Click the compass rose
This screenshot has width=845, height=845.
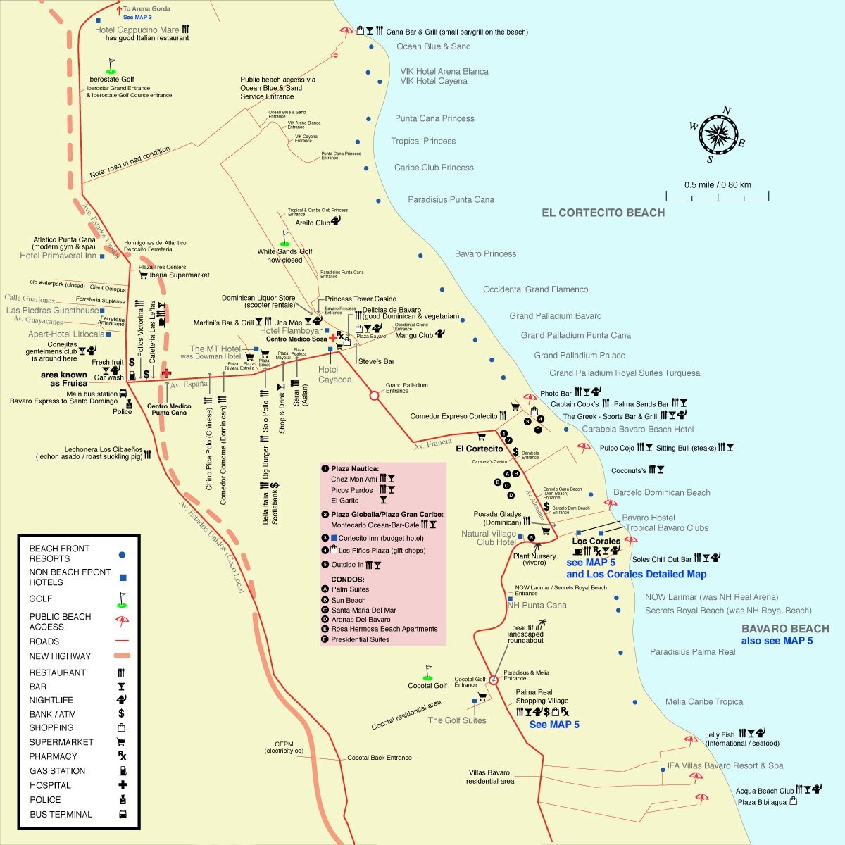[718, 133]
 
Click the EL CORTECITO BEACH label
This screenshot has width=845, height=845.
[603, 213]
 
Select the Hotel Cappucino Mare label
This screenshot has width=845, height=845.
[137, 30]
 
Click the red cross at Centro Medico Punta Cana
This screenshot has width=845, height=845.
[166, 373]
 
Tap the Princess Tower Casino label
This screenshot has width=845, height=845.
[361, 299]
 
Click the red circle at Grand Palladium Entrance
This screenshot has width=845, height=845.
[375, 396]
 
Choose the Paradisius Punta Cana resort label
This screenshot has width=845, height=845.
[451, 200]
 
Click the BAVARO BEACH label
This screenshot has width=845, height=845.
[784, 629]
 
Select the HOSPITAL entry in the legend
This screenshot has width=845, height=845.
[50, 785]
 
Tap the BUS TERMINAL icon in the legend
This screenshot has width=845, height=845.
[123, 815]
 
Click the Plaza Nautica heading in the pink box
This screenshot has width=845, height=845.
[355, 469]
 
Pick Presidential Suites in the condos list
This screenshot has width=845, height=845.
[360, 640]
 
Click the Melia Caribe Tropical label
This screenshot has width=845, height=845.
[704, 702]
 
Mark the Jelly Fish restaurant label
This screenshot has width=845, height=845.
[719, 735]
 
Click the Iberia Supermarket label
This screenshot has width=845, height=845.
[180, 275]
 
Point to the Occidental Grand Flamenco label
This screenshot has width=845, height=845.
[535, 289]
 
